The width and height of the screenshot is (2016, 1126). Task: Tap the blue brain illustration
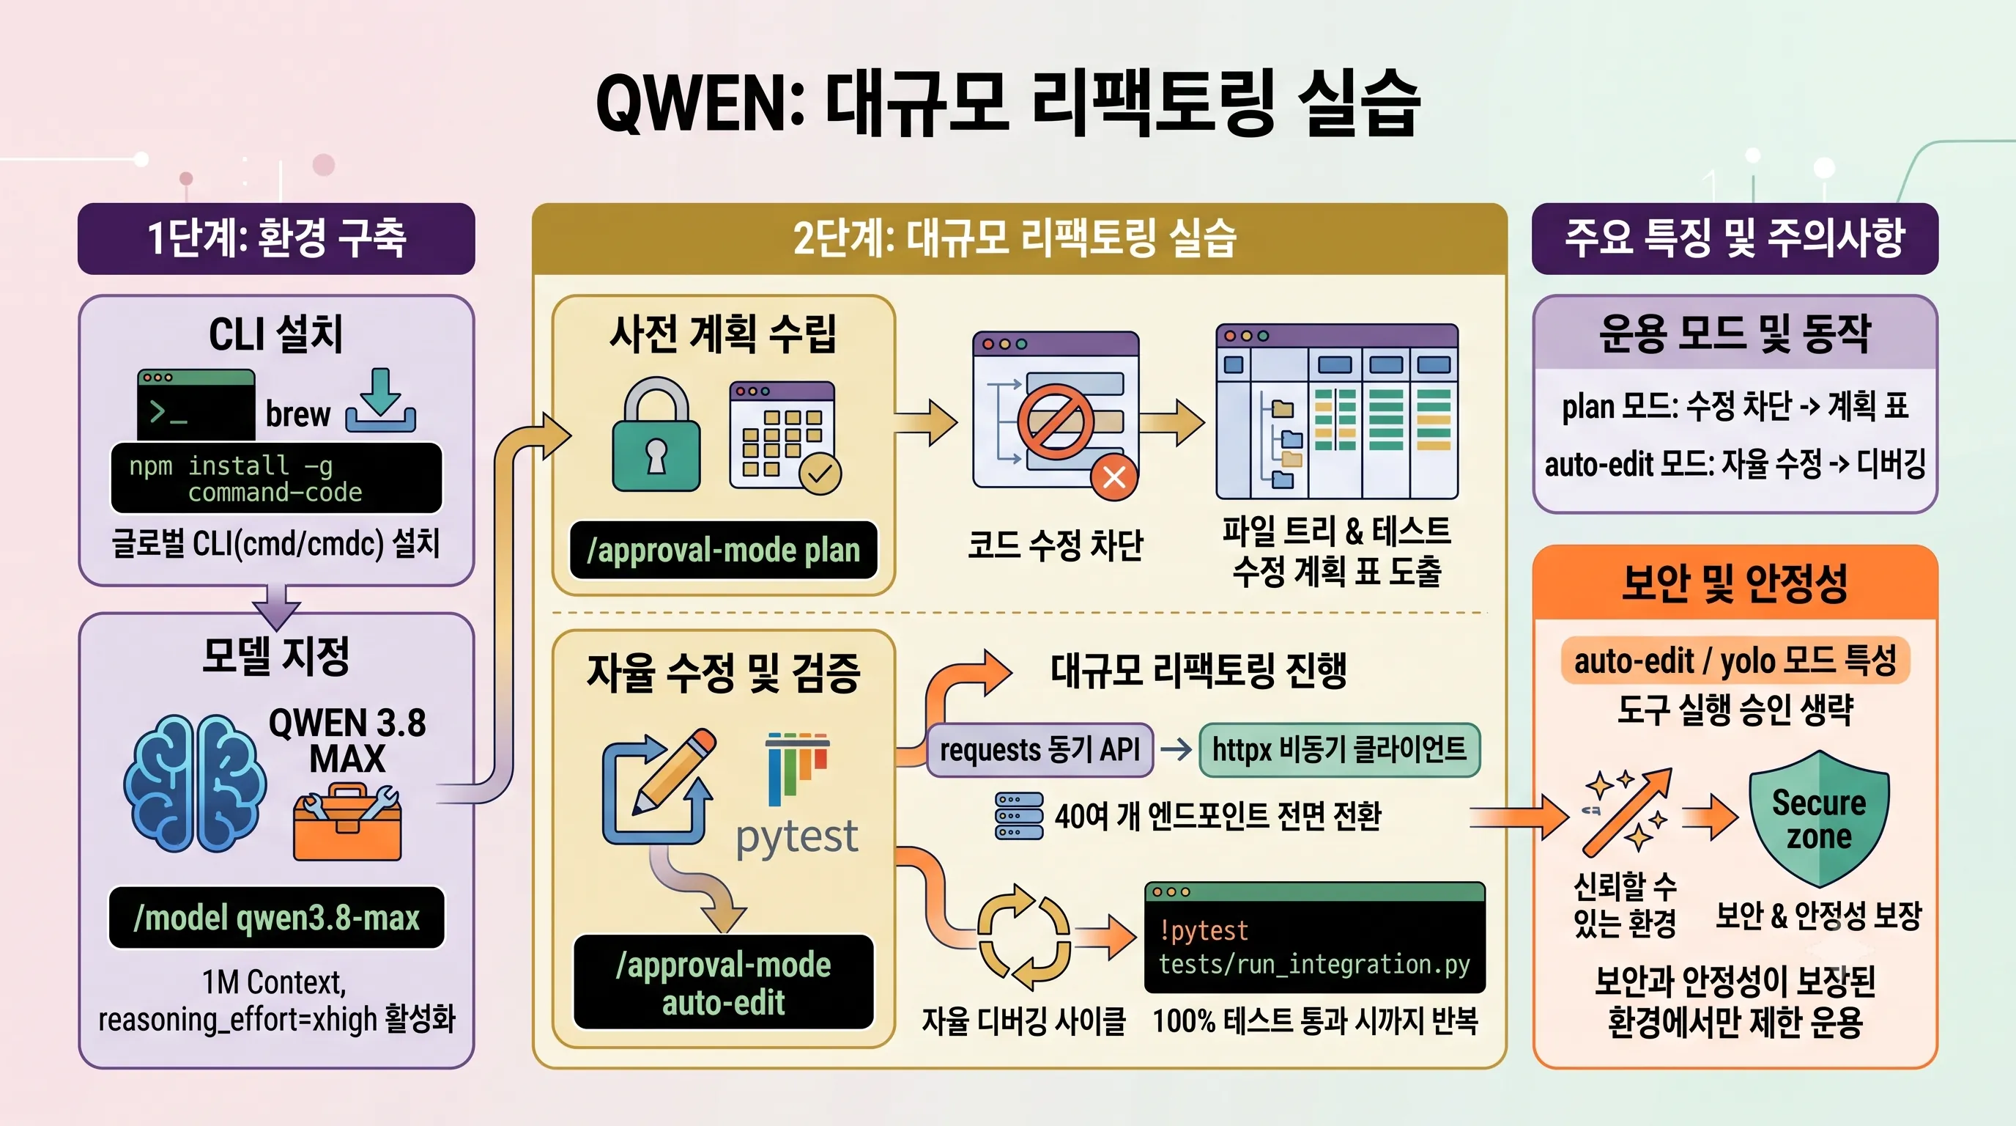point(194,784)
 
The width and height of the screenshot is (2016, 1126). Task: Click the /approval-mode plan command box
point(723,550)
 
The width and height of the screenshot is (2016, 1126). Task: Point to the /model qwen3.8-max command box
point(276,917)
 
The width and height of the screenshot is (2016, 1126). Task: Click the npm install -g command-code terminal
point(276,479)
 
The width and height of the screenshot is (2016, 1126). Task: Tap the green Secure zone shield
point(1819,818)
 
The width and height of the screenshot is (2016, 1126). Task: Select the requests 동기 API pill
point(1039,749)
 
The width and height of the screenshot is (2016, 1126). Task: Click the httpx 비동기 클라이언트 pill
point(1339,749)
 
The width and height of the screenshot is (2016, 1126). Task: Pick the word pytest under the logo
point(797,837)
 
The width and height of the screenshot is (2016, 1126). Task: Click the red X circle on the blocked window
point(1114,476)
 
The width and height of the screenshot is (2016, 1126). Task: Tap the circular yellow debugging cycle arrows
point(1024,937)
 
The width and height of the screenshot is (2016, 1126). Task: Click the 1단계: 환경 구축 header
point(276,238)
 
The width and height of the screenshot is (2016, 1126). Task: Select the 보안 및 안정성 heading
point(1734,584)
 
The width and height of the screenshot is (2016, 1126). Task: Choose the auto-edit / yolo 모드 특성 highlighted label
point(1735,660)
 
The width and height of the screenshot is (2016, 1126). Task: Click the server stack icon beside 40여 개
point(1018,816)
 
